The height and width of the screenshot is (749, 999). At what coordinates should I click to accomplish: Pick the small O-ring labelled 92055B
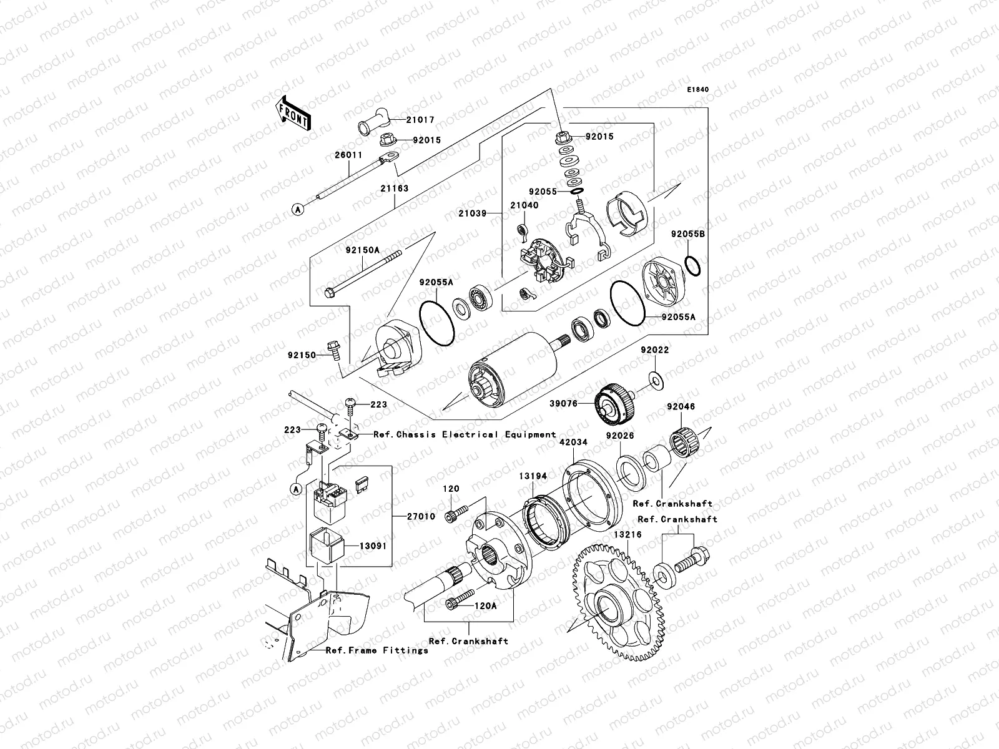pyautogui.click(x=693, y=265)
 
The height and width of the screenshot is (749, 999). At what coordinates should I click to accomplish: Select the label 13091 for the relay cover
pyautogui.click(x=373, y=546)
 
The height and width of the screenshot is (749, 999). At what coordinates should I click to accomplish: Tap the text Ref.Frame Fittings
pyautogui.click(x=377, y=650)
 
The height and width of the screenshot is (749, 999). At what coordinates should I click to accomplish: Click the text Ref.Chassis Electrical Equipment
pyautogui.click(x=465, y=434)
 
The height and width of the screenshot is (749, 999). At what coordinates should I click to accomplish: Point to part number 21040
pyautogui.click(x=523, y=205)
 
